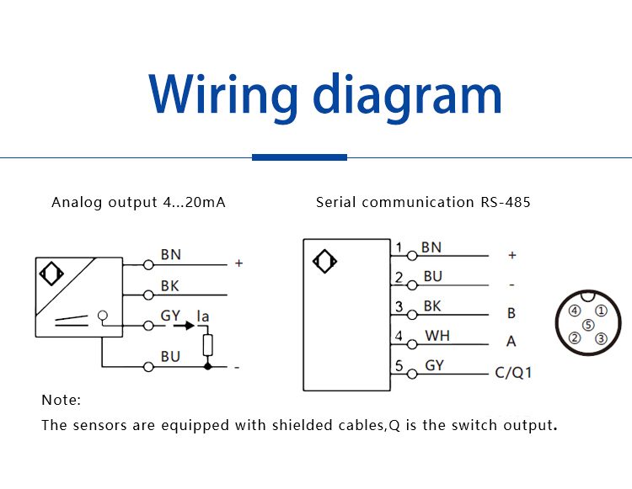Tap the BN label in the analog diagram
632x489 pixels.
coord(170,254)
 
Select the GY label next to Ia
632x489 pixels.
coord(170,316)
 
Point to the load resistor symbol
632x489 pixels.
coord(208,345)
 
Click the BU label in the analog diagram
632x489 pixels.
coord(170,357)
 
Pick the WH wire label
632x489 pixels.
coord(437,335)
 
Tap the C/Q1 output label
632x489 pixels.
coord(513,372)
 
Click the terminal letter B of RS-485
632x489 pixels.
coord(511,313)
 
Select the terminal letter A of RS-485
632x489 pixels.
coord(511,342)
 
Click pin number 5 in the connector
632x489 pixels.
coord(588,325)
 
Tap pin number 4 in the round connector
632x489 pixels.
coord(575,311)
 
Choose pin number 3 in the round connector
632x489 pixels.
coord(601,338)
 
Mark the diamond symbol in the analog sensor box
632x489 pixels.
coord(51,274)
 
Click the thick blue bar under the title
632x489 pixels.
coord(299,157)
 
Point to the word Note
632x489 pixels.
coord(61,400)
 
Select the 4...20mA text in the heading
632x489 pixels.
coord(193,203)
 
